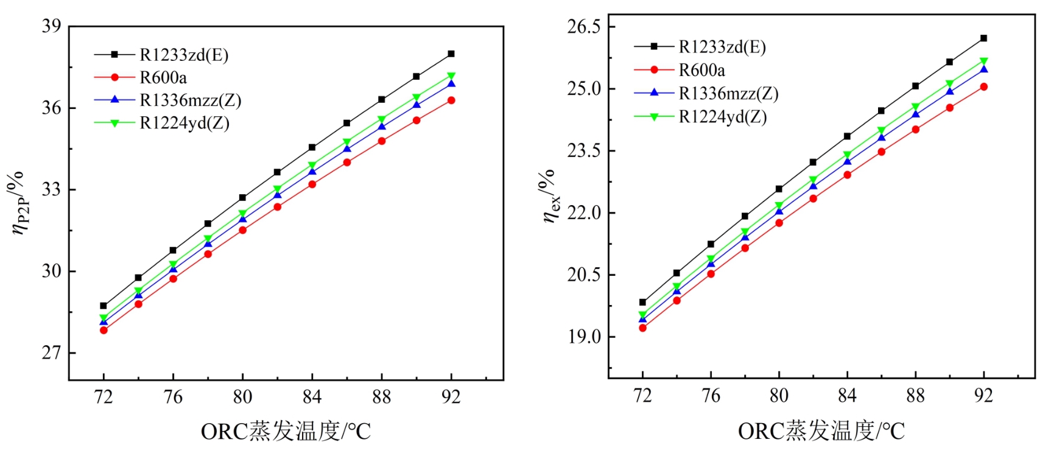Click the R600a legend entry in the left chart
[x=163, y=77]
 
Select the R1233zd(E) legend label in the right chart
[x=722, y=47]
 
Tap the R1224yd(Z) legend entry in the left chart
[x=185, y=123]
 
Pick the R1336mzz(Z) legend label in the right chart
[x=728, y=93]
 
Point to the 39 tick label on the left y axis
[x=51, y=26]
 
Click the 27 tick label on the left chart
[x=51, y=352]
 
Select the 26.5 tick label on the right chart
[x=584, y=27]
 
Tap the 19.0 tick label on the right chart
[x=584, y=337]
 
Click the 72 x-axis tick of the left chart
[x=104, y=397]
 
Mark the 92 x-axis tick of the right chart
[x=983, y=396]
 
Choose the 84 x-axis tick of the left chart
[x=312, y=397]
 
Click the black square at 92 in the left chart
[x=451, y=54]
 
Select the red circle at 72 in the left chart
[x=104, y=330]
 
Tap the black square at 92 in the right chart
[x=983, y=38]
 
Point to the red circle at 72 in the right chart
[x=642, y=328]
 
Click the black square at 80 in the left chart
[x=242, y=197]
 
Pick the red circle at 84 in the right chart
[x=847, y=175]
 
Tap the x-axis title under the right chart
[x=821, y=431]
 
